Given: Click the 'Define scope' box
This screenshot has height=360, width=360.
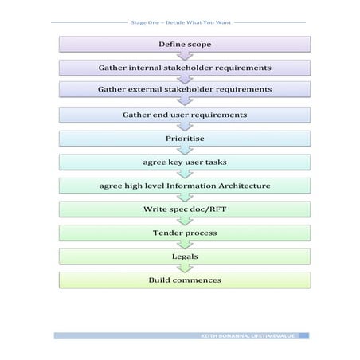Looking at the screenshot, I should point(184,44).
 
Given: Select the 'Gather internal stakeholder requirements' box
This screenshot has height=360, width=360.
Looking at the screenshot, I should point(184,68).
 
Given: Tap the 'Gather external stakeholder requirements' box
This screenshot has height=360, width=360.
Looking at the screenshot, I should point(184,90).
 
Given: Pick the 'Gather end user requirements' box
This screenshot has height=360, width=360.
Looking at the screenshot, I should point(184,115).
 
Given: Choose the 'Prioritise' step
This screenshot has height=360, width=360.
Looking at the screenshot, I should point(184,138).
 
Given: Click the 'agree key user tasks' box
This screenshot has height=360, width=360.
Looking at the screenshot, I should point(184,162).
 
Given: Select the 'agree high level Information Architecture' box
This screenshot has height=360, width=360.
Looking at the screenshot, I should point(184,186).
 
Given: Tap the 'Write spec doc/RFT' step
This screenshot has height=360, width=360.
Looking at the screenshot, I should point(184,209).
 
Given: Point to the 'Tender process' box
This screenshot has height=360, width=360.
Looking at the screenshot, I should point(184,233).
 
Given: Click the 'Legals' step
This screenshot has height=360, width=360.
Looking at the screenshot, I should point(184,256).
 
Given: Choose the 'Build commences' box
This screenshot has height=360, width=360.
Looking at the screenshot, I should point(184,280).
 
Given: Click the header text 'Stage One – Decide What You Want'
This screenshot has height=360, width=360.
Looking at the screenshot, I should point(180,22).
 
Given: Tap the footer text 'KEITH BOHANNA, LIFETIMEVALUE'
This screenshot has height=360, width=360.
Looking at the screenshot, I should point(248,336).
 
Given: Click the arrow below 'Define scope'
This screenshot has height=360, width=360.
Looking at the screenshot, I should point(185,56).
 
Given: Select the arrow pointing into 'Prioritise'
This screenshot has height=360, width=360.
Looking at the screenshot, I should point(185,127).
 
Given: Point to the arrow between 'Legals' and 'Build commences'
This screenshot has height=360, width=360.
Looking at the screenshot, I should point(185,268).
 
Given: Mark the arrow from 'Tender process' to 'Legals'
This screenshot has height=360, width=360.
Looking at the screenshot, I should point(185,245).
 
